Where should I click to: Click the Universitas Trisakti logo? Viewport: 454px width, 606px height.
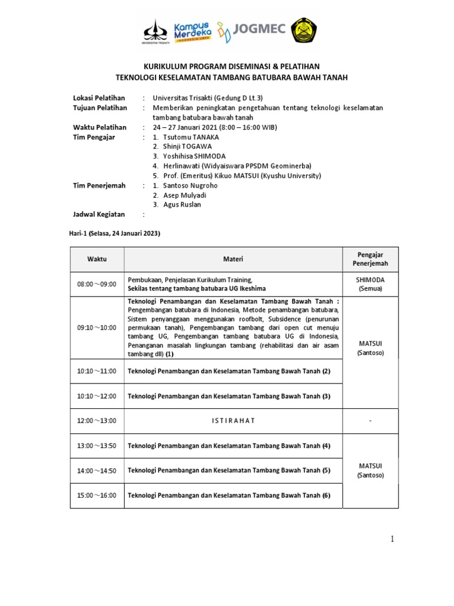(x=155, y=31)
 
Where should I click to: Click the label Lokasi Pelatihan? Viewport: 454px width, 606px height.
(x=99, y=98)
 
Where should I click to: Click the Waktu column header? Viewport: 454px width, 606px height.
(x=97, y=259)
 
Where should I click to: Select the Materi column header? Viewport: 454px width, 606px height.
(x=232, y=259)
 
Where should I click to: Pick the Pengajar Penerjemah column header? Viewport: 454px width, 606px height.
(x=370, y=259)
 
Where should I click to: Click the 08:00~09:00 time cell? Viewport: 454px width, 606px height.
(x=97, y=284)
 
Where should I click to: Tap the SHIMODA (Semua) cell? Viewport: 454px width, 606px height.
(x=370, y=284)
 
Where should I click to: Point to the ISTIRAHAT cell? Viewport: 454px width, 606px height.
(x=232, y=421)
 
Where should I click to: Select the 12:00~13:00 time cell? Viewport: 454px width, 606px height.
(x=97, y=421)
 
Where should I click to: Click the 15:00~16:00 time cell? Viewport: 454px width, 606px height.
(x=97, y=495)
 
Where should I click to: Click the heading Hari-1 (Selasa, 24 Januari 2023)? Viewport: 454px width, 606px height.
(x=115, y=234)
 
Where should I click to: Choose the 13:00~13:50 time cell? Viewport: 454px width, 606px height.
(x=97, y=446)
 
